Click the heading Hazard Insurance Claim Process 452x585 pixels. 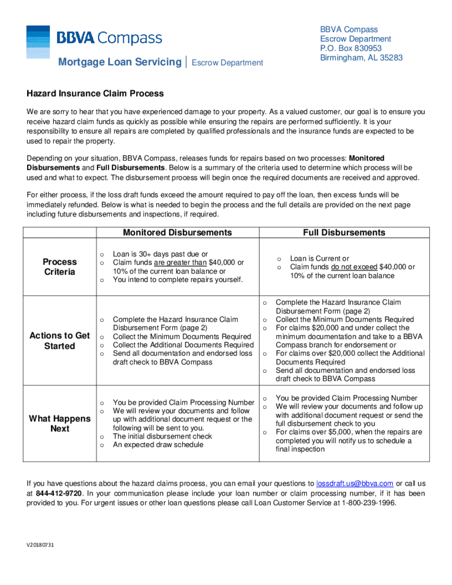[95, 94]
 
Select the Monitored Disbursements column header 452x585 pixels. [177, 233]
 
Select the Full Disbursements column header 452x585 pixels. [344, 233]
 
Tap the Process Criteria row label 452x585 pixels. [59, 267]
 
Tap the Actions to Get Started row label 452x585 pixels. [59, 341]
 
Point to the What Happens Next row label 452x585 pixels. [59, 423]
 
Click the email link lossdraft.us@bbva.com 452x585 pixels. [354, 484]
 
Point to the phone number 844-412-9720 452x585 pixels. [59, 493]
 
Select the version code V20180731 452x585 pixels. [40, 545]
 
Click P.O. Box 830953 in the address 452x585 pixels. [351, 48]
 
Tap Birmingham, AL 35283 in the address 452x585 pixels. [361, 58]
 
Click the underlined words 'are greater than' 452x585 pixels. [180, 263]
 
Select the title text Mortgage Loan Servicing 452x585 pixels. [119, 62]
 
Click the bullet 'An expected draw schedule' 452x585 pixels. [158, 445]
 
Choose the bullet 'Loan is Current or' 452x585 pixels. [319, 258]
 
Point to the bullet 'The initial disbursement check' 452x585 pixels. [162, 436]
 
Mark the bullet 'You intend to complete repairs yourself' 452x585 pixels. [177, 280]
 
